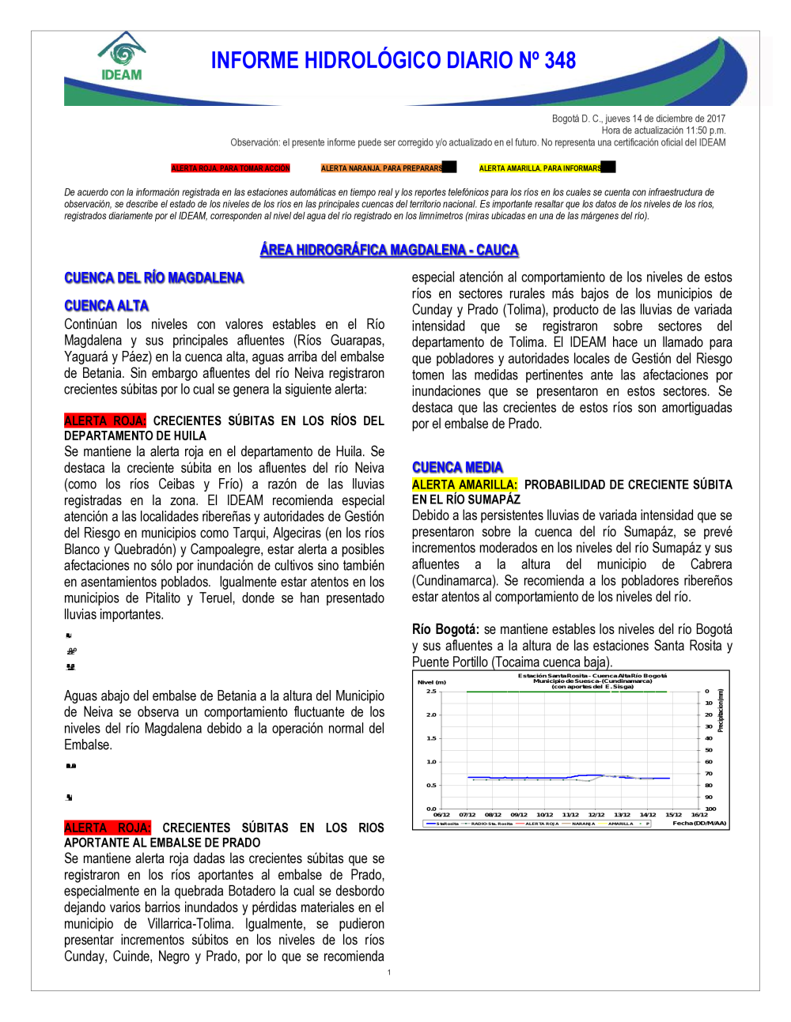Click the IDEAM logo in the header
point(122,57)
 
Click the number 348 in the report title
point(560,61)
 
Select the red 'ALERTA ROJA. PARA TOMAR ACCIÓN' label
point(230,168)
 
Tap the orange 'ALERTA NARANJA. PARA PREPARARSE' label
point(382,168)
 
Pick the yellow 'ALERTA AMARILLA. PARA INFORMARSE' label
point(540,168)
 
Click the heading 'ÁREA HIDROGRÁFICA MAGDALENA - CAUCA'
point(389,250)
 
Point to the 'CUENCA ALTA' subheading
point(106,306)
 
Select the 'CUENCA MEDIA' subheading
point(457,467)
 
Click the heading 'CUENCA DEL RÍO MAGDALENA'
point(153,277)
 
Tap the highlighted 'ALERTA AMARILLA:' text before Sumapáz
point(464,485)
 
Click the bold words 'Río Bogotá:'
point(445,629)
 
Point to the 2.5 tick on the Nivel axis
point(431,692)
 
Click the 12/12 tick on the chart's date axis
point(596,814)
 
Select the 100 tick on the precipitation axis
point(710,809)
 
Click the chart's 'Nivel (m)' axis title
point(432,682)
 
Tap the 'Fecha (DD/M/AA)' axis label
point(699,824)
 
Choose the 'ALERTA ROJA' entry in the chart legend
point(542,824)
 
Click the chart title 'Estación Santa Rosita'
point(592,676)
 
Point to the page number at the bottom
point(389,972)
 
